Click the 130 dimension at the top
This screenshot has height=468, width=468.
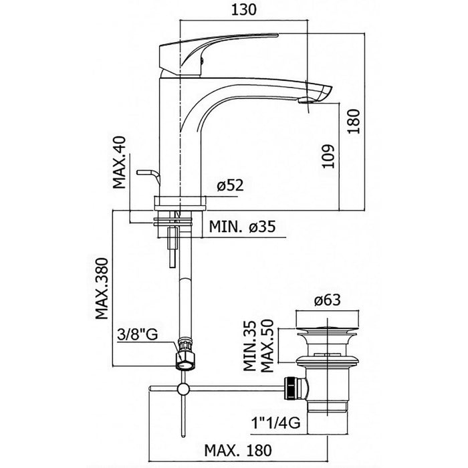tap(244, 9)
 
